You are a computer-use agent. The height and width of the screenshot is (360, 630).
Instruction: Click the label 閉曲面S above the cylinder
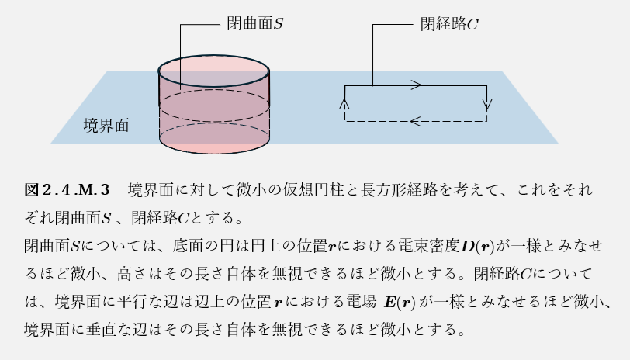tap(254, 24)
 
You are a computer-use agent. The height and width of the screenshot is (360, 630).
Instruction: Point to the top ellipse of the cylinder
tap(214, 57)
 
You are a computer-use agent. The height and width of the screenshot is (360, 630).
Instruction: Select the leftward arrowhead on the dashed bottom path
tap(416, 121)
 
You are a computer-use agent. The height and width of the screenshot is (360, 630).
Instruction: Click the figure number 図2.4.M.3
tap(69, 189)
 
